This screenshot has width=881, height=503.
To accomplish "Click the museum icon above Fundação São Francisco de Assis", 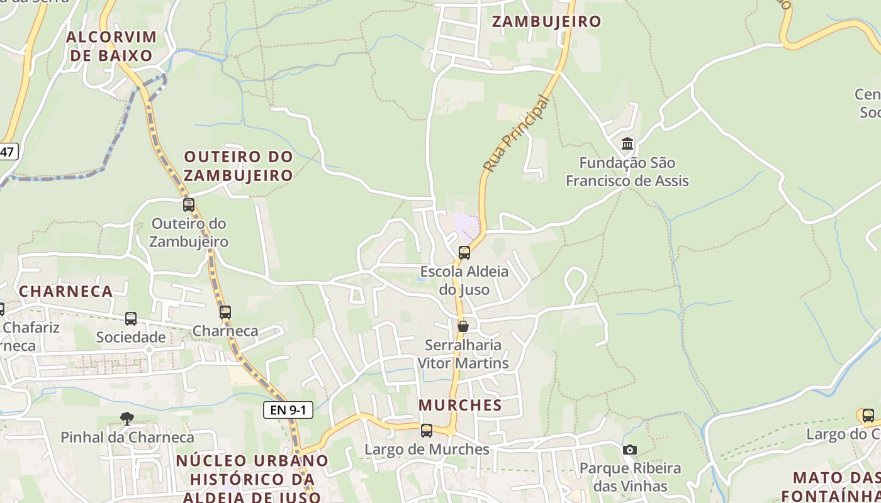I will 627,144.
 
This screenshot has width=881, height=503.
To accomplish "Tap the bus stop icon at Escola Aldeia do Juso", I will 464,253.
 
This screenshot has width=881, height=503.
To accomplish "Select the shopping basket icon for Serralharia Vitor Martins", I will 463,326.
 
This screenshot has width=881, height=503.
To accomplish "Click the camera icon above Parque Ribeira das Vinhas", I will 629,450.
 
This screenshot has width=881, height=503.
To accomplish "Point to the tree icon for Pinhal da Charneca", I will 127,418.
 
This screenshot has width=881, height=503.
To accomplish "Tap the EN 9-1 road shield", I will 288,410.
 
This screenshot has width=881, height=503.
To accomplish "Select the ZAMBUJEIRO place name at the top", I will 546,21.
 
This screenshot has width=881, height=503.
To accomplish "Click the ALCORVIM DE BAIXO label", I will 111,46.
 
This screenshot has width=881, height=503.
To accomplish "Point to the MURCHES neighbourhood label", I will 461,405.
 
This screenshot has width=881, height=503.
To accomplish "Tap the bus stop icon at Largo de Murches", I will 427,431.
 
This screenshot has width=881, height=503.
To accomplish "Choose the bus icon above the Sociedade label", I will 131,319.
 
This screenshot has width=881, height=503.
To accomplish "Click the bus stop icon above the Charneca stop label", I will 225,312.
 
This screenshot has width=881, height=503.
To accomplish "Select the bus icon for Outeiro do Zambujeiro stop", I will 189,205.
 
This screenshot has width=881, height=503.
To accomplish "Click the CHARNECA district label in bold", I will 66,291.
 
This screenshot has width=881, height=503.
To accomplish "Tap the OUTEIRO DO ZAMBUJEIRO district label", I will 238,166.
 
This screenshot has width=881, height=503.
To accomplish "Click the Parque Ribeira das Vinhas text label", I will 630,477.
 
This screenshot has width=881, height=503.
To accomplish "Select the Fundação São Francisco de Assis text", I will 627,172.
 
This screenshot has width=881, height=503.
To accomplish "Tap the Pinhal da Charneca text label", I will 127,437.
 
